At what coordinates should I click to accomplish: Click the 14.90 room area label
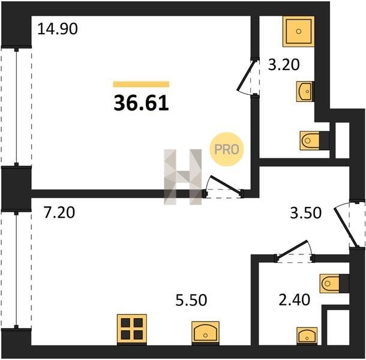point(58,29)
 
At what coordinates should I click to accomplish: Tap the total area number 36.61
point(141,103)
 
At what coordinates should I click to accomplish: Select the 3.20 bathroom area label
point(284,65)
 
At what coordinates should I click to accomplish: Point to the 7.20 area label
point(59,212)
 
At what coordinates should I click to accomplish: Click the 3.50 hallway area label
point(306,213)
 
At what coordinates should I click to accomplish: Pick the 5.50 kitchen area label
point(191,300)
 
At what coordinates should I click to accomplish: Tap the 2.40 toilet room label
point(295,300)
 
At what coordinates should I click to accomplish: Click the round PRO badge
point(227,149)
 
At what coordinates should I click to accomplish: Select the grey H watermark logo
point(183,177)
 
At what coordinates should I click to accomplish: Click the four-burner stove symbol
point(132,329)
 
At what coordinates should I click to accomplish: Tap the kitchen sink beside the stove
point(205,333)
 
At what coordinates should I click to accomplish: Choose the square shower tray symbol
point(299,31)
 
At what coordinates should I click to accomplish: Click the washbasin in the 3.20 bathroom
point(305,91)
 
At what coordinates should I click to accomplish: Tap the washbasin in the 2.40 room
point(307,336)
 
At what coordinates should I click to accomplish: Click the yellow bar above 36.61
point(141,84)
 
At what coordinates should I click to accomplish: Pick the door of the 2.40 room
point(295,251)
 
